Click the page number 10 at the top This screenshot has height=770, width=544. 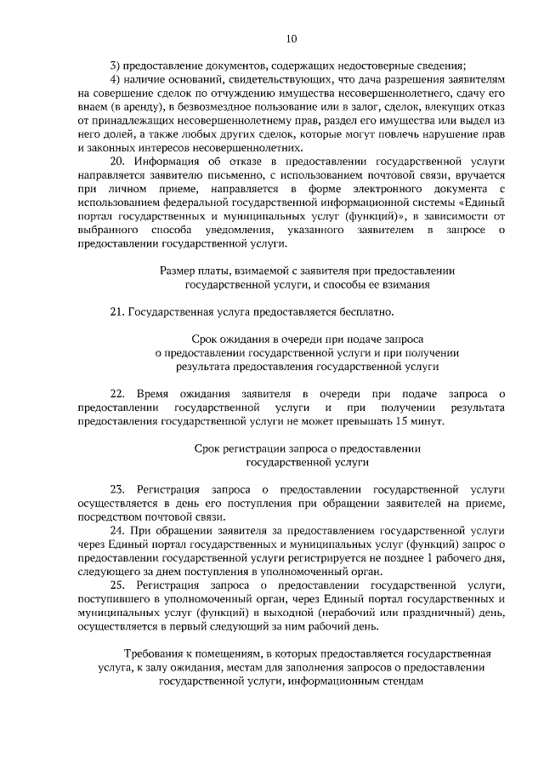[x=292, y=38]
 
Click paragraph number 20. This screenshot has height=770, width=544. [x=118, y=161]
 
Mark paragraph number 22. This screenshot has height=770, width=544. [x=118, y=393]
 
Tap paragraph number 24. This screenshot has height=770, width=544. [x=117, y=529]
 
